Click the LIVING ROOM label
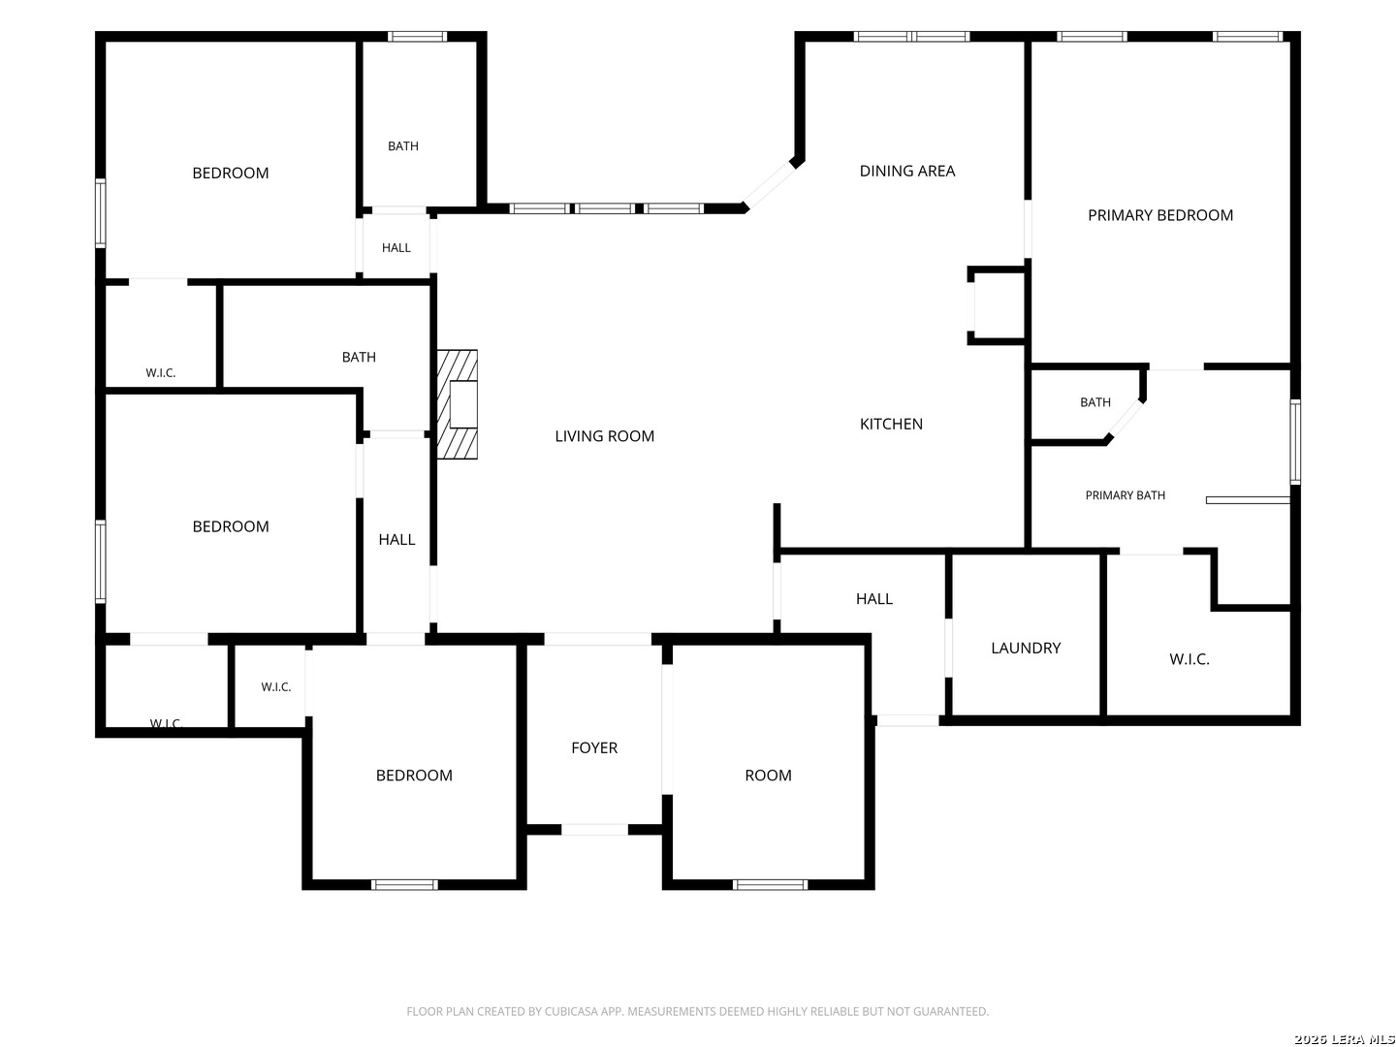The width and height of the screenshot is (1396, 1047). (604, 436)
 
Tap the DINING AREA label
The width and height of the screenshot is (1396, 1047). (907, 171)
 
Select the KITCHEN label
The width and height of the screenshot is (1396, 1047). (891, 424)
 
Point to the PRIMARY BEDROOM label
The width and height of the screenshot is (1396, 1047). (1160, 215)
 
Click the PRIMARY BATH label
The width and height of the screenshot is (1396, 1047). (1126, 495)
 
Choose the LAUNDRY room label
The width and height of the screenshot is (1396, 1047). (1026, 648)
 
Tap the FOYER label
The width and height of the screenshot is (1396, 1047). (594, 747)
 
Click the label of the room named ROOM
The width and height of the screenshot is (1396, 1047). (768, 775)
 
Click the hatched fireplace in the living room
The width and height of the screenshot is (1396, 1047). (457, 404)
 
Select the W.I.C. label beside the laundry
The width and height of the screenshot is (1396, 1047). (1190, 659)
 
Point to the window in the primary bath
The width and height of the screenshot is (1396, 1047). (1295, 442)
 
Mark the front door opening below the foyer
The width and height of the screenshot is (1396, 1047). (594, 830)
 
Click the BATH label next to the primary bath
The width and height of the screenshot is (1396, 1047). (1095, 402)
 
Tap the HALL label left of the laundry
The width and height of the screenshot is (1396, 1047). (873, 599)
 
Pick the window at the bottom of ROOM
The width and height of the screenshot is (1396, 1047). (770, 885)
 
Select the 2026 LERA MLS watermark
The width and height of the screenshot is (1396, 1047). (1344, 1038)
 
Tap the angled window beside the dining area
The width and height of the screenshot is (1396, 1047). (770, 184)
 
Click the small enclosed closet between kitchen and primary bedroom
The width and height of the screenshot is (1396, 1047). (997, 305)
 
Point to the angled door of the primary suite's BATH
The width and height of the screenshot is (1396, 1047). (1126, 418)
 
